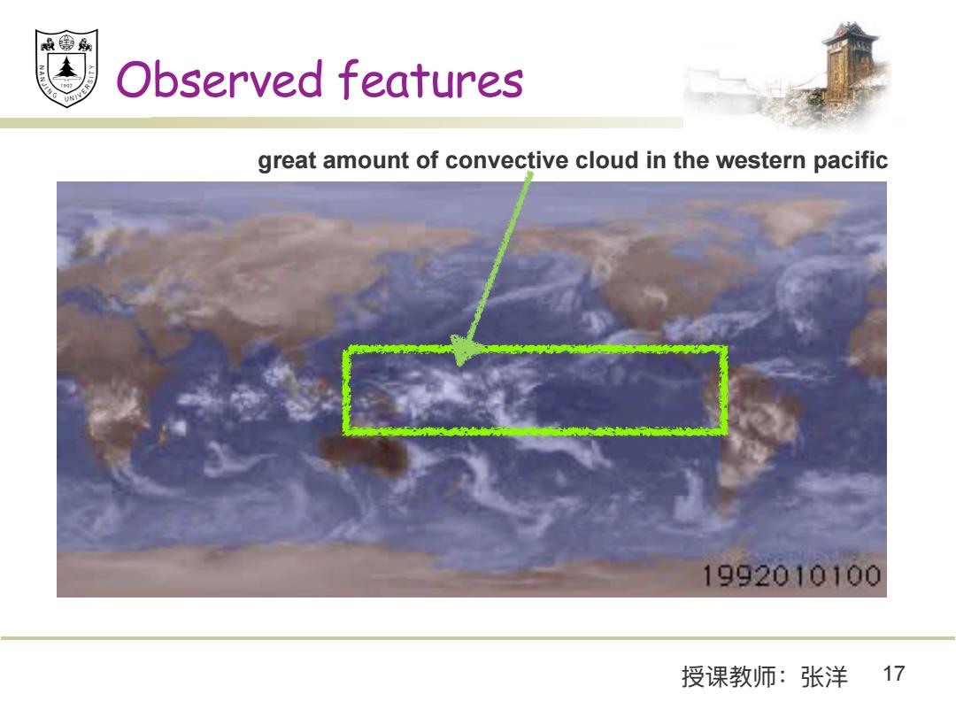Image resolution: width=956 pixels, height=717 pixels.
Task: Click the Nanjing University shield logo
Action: pos(66,67)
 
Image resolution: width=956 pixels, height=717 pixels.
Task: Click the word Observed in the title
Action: pos(220,80)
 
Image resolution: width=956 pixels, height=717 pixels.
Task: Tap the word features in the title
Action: pos(430,80)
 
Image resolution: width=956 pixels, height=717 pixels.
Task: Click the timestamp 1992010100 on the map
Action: pos(791,575)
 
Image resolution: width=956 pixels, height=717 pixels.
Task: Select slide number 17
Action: pos(894,674)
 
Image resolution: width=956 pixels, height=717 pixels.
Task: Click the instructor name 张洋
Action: pos(824,677)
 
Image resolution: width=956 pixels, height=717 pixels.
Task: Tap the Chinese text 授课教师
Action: pos(729,677)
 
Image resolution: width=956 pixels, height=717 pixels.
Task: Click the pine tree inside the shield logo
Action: pos(66,67)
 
